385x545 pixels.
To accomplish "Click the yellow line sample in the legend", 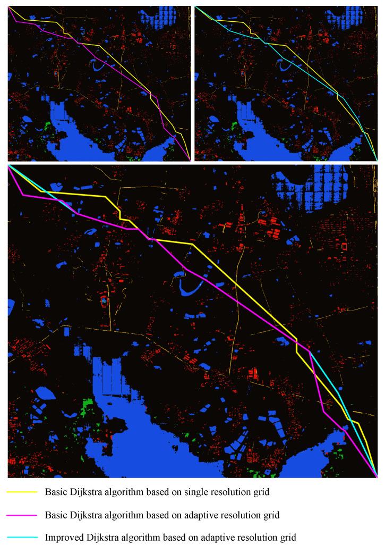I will coord(22,492).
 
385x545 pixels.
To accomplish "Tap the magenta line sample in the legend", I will coord(22,515).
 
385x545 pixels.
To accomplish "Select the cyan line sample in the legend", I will coord(22,538).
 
